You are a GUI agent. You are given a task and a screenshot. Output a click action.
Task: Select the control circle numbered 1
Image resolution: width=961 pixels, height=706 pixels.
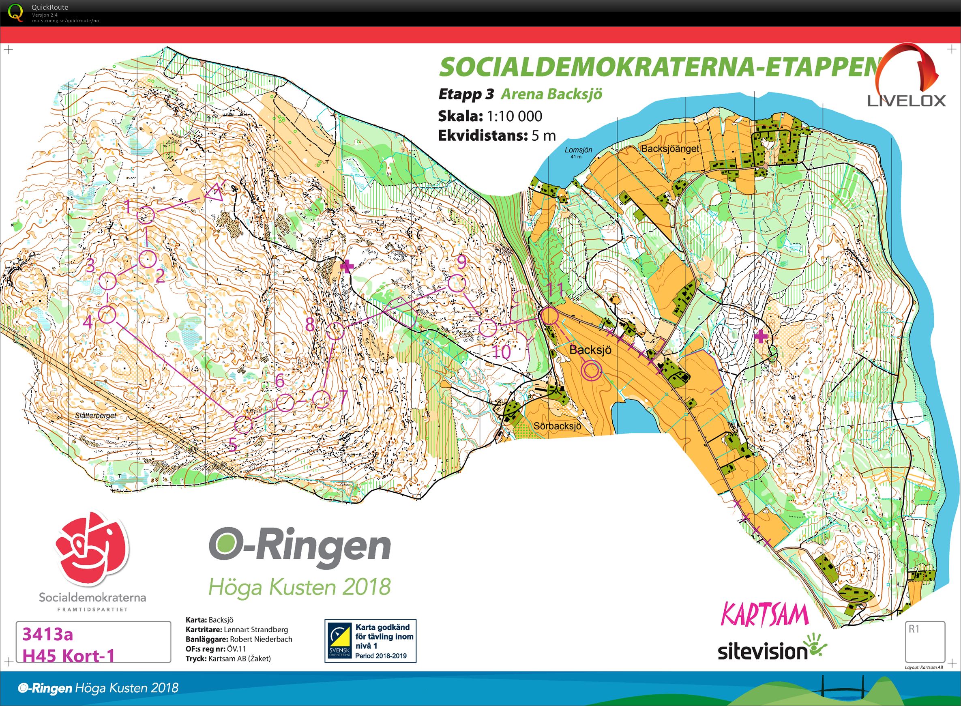[x=145, y=215]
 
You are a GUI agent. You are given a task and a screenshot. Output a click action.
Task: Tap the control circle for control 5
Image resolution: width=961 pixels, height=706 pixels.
[x=244, y=424]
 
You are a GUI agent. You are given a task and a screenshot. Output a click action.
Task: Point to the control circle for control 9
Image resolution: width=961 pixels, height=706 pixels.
[x=457, y=283]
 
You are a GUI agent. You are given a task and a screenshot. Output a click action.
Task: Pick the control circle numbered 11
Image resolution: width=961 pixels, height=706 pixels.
[x=549, y=317]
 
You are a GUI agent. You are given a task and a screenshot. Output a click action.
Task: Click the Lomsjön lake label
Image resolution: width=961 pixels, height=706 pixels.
[x=578, y=150]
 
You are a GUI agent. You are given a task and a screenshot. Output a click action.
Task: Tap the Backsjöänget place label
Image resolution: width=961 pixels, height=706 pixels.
[x=670, y=149]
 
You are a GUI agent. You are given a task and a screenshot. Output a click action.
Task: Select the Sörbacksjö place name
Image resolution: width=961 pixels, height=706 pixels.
[x=557, y=426]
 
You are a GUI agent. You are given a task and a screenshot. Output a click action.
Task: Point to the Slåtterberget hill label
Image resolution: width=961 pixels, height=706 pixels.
[x=95, y=415]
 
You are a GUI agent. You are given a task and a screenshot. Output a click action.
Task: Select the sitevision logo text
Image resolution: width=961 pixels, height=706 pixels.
[x=763, y=652]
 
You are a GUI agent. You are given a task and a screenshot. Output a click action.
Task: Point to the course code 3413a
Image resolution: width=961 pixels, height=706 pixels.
[x=47, y=635]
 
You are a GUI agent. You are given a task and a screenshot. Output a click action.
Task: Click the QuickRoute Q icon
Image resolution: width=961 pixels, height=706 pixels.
[x=16, y=13]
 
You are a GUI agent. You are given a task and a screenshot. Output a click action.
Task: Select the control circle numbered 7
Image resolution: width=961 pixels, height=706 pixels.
[x=320, y=399]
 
